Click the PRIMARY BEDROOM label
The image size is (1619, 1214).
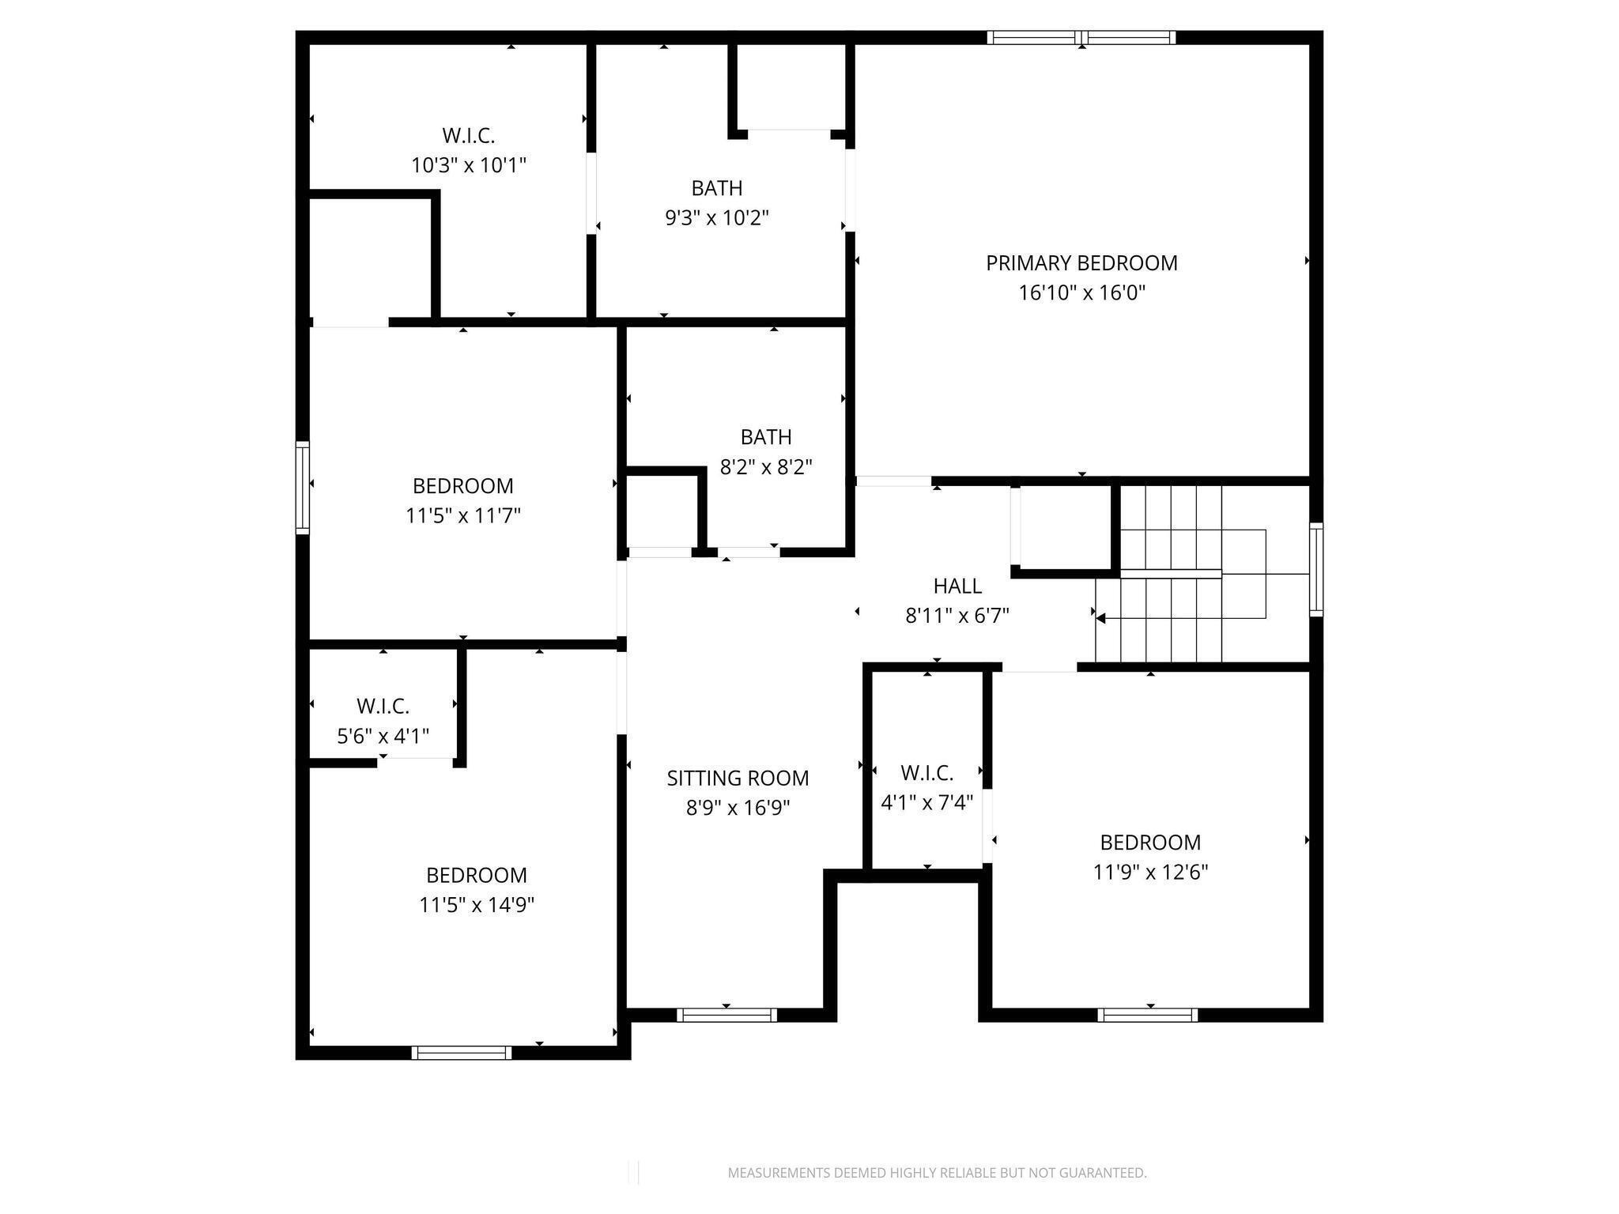[1081, 263]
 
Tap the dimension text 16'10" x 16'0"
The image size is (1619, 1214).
[1081, 293]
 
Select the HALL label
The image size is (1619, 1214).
[957, 586]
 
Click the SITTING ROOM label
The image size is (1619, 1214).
[738, 779]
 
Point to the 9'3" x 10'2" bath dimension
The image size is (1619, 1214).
[717, 218]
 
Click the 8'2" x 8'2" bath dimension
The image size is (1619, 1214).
[766, 467]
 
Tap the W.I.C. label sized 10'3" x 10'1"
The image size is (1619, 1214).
[469, 136]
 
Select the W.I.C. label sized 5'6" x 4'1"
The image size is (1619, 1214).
[383, 706]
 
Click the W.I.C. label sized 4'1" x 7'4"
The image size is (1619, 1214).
[926, 773]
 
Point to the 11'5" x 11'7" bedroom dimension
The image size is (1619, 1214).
[463, 516]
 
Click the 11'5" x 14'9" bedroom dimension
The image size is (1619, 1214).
[477, 905]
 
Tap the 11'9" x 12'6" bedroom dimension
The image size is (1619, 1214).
[1150, 873]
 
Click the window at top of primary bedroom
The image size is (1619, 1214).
[1081, 37]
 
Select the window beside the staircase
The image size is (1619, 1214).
[1315, 569]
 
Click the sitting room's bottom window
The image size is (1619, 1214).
[726, 1016]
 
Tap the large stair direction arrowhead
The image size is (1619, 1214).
[1100, 618]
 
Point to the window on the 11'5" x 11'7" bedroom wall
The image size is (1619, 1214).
[303, 488]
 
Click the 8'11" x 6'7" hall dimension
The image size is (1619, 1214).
[957, 616]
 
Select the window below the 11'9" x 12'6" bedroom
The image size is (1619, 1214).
[1147, 1016]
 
